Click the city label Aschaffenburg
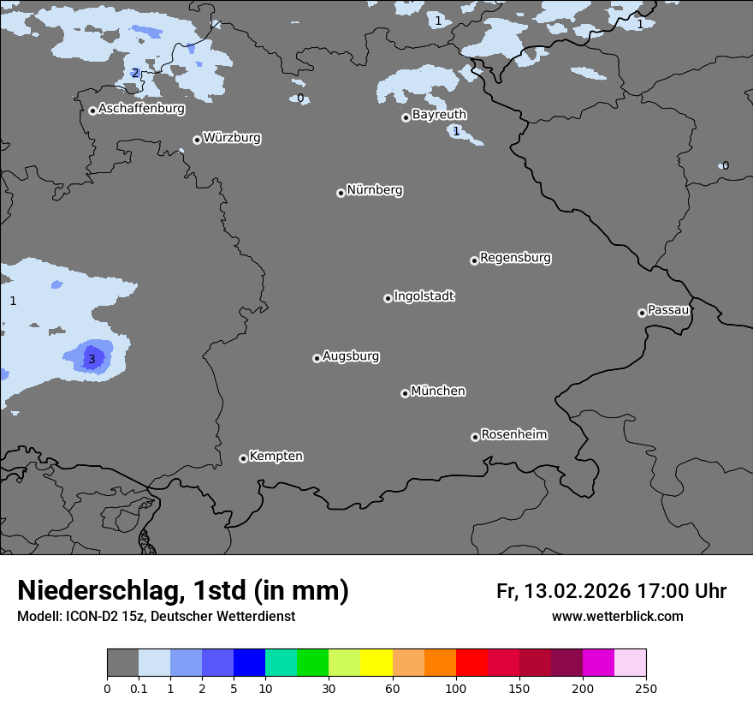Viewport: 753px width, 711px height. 141,109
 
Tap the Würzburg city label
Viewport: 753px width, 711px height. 232,137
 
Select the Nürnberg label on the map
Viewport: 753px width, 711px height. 375,190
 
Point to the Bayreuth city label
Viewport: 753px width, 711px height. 439,114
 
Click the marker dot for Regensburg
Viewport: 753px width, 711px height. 474,260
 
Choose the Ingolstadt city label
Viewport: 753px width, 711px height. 424,296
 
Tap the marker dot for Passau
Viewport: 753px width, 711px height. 642,313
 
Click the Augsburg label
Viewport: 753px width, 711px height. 351,356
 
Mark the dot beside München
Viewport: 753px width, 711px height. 405,393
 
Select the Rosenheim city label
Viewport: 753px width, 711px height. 514,434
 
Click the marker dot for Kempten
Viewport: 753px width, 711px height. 243,458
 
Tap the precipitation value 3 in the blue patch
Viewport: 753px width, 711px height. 92,359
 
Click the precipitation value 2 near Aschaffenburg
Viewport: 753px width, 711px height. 135,73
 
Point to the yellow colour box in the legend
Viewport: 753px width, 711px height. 376,663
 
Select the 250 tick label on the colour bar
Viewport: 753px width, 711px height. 646,688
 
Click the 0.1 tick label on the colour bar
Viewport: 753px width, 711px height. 139,688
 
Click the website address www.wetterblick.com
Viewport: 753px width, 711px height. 617,616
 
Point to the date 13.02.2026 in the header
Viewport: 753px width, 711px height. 578,591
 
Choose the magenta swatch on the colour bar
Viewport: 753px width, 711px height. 598,663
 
